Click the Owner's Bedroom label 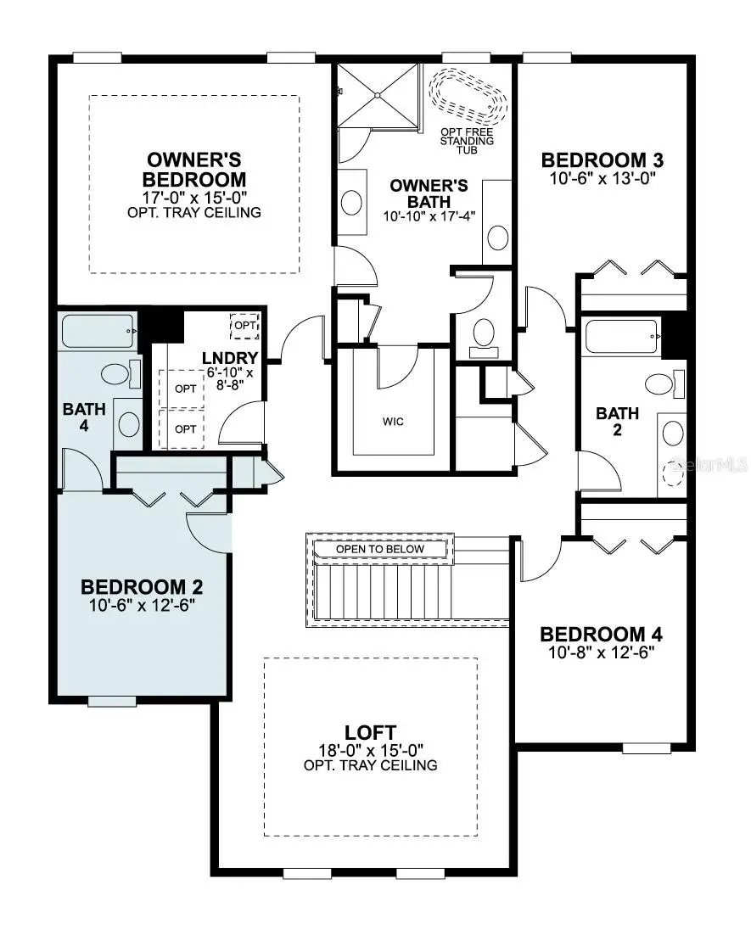pos(194,170)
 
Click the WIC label pos(394,422)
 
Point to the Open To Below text pos(380,550)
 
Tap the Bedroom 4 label pos(601,634)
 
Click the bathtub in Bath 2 pos(623,337)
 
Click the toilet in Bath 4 pos(116,373)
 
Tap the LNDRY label pos(224,358)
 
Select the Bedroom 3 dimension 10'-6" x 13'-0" pos(601,178)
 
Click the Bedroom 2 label pos(141,586)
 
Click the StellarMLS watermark pos(707,465)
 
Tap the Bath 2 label pos(617,421)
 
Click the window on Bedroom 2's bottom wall pos(112,701)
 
